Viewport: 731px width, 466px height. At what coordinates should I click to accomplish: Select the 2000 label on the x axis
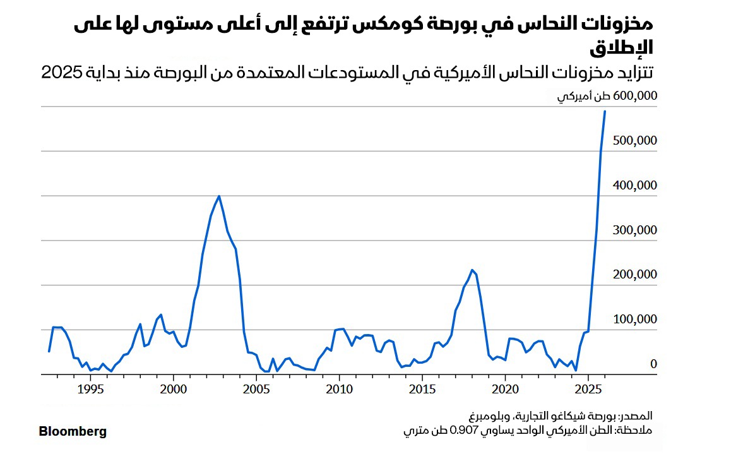click(x=173, y=388)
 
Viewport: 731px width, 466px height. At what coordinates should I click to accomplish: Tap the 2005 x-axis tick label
click(x=256, y=388)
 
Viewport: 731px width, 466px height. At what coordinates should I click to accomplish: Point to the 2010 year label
click(x=339, y=388)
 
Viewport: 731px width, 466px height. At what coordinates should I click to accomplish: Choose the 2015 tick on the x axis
click(x=422, y=388)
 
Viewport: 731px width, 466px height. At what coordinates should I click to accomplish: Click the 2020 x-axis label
click(x=505, y=388)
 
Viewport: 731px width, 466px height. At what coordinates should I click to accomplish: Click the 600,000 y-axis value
click(x=635, y=96)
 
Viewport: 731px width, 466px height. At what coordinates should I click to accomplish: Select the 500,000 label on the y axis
click(x=635, y=140)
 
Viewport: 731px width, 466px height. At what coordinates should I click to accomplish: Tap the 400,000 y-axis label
click(x=635, y=185)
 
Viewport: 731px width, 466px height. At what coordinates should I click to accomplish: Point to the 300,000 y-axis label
click(x=635, y=230)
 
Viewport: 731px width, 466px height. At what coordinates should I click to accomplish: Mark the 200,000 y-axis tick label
click(x=635, y=275)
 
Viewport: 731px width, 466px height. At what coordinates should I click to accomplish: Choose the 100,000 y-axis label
click(x=635, y=320)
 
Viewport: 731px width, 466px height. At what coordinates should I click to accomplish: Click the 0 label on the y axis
click(x=653, y=364)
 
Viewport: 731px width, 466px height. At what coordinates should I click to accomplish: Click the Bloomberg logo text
click(x=73, y=432)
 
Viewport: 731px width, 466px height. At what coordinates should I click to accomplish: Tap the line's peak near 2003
click(x=219, y=196)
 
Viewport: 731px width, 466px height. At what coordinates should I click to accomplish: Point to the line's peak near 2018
click(x=472, y=270)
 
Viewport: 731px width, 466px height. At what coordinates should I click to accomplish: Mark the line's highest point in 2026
click(x=605, y=111)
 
